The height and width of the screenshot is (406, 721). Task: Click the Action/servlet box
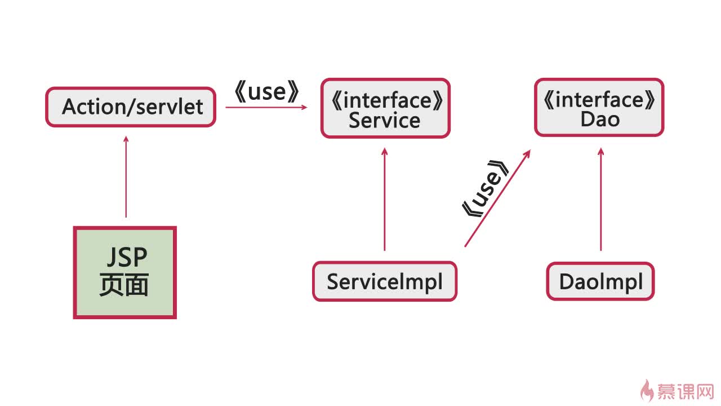point(130,107)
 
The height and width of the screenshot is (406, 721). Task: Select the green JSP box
point(125,272)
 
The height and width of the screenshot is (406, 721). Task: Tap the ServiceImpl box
point(385,281)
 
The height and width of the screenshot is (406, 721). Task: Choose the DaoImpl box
point(600,281)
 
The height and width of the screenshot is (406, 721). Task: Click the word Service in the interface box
point(385,121)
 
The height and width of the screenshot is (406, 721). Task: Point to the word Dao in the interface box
point(600,119)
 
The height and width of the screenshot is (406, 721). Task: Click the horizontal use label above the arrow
point(267,92)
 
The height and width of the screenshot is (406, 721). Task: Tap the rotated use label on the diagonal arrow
point(486,189)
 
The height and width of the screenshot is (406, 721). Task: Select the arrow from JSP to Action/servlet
point(126,177)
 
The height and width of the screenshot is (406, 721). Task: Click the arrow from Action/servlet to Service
point(266,107)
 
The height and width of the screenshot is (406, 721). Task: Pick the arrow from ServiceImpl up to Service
point(384,199)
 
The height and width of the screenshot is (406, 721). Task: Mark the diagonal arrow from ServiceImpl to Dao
point(497,198)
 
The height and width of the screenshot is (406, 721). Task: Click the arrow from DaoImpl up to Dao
point(600,199)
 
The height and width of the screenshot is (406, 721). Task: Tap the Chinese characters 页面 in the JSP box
point(124,285)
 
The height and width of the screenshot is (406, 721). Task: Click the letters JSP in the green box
point(127,257)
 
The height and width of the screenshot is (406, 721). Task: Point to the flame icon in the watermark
point(646,391)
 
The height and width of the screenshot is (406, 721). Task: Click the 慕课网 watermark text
point(686,391)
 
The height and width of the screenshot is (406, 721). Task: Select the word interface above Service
point(387,100)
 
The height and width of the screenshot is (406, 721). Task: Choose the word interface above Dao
point(599,100)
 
